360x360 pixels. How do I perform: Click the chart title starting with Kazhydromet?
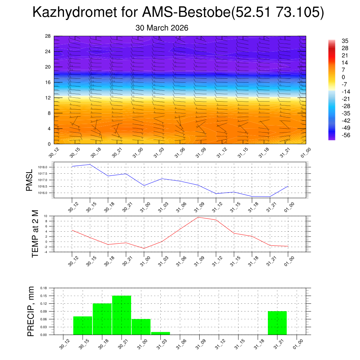coord(178,13)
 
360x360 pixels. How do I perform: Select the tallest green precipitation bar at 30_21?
coord(122,315)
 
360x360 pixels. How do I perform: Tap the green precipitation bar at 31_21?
coord(277,323)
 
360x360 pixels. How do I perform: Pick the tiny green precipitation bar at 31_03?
coord(160,333)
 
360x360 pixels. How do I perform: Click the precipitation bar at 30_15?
coord(83,325)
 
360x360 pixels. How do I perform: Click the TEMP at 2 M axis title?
coord(35,233)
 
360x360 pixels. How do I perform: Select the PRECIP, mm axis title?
coord(31,311)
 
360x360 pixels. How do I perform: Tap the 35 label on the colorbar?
coord(345,41)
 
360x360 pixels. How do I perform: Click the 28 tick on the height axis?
coord(48,36)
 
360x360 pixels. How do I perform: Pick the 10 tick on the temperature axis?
coord(46,216)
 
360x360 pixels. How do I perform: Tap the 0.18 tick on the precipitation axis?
coord(43,288)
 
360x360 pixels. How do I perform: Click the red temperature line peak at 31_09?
coord(198,217)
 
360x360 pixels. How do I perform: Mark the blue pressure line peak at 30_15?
coord(90,164)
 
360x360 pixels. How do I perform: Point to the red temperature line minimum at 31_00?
coord(144,248)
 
